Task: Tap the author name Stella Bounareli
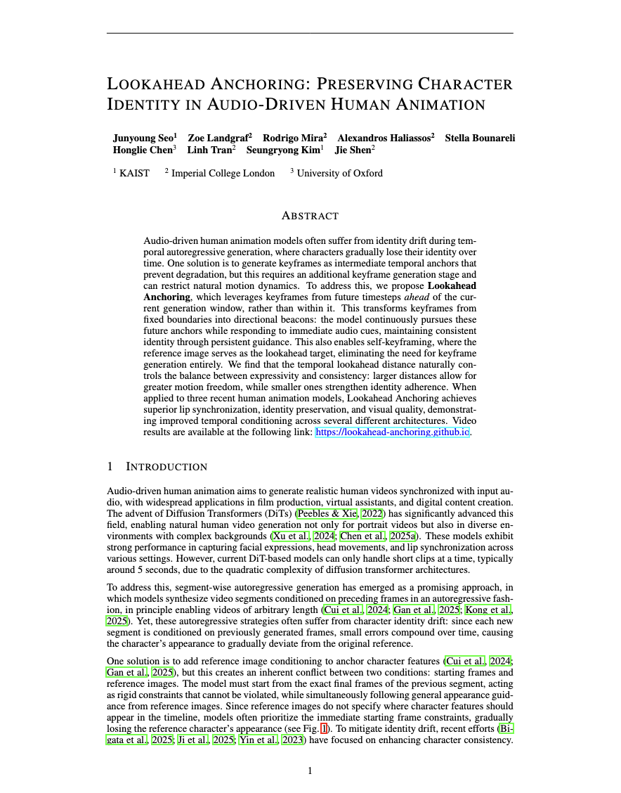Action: (x=480, y=138)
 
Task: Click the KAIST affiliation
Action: (x=134, y=173)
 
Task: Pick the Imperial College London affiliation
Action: (x=223, y=173)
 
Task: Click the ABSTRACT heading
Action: (x=310, y=215)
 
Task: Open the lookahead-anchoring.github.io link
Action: (x=392, y=432)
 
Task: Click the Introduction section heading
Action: (x=166, y=467)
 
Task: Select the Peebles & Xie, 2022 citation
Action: (x=340, y=513)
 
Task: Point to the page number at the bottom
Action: (x=310, y=771)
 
